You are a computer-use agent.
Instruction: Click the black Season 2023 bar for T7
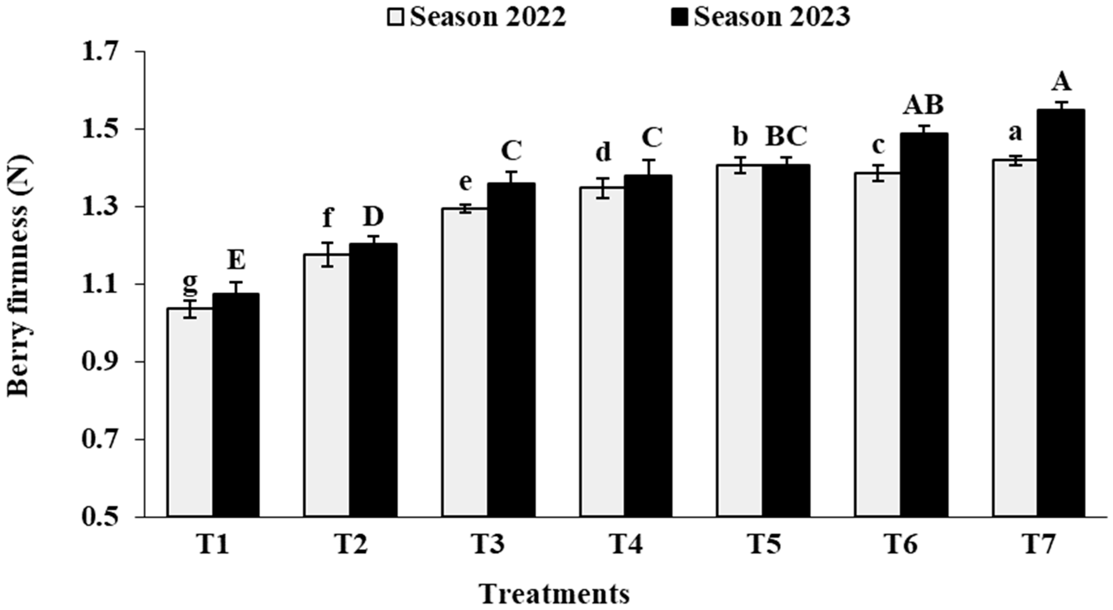(1061, 313)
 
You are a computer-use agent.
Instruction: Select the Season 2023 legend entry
(760, 17)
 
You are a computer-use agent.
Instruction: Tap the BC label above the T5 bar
(786, 137)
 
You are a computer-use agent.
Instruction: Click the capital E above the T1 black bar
(236, 261)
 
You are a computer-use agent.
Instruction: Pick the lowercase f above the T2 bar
(328, 217)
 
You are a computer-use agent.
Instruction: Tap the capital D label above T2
(373, 217)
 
